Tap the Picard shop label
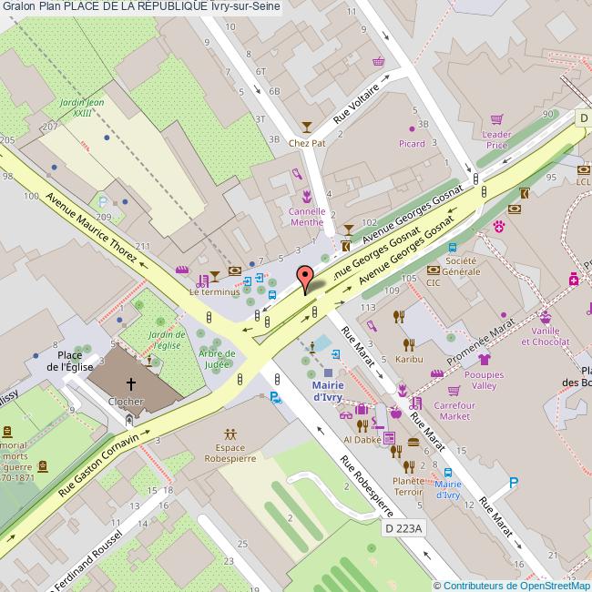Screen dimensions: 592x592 pos(412,144)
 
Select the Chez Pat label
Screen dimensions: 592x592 pos(306,143)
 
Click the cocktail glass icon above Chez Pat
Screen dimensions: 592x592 pos(306,128)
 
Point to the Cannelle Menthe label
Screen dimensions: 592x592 pos(306,216)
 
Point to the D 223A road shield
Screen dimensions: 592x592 pos(403,527)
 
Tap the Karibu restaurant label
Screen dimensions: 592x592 pos(409,360)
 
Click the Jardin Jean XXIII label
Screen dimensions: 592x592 pos(82,108)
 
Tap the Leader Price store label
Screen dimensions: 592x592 pos(496,139)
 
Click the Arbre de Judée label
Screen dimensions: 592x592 pos(217,359)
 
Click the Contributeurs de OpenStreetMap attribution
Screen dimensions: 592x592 pos(512,586)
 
